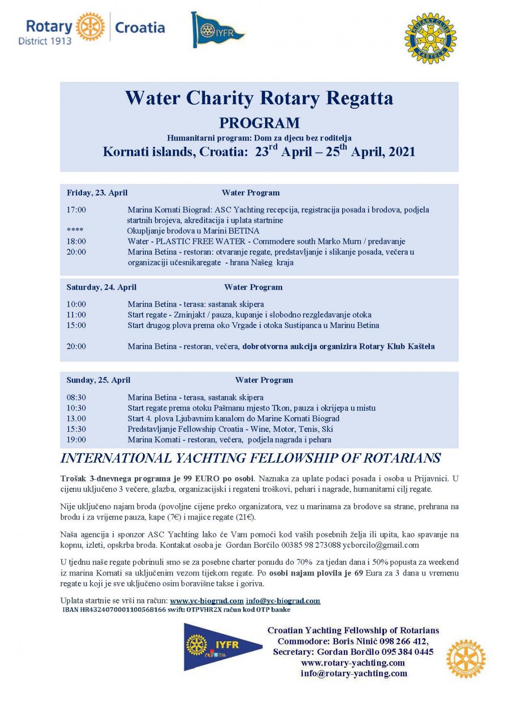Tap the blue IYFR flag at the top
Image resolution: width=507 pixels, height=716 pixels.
(x=217, y=30)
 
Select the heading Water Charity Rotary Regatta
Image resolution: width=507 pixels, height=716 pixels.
(x=259, y=98)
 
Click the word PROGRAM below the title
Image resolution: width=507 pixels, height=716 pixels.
(x=259, y=123)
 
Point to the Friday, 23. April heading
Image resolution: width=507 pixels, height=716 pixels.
(x=97, y=193)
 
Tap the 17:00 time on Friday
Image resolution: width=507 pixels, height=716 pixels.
(x=76, y=209)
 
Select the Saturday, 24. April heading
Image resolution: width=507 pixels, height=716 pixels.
(x=101, y=287)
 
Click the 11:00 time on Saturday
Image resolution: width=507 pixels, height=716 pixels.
(x=76, y=315)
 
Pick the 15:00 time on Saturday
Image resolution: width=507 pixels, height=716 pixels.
(x=76, y=325)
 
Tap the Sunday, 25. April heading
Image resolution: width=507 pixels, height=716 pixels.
(x=99, y=380)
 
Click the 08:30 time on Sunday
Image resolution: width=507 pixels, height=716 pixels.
(x=76, y=397)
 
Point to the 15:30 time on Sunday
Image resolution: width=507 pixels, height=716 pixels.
(x=76, y=429)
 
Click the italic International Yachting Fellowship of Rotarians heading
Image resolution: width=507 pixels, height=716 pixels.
(x=251, y=458)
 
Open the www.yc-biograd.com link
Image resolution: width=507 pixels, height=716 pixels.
(x=206, y=601)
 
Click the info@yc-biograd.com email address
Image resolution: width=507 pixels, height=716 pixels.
(x=283, y=601)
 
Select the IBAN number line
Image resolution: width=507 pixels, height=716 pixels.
(x=176, y=609)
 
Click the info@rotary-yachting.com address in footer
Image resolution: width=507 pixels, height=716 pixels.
(x=354, y=673)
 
